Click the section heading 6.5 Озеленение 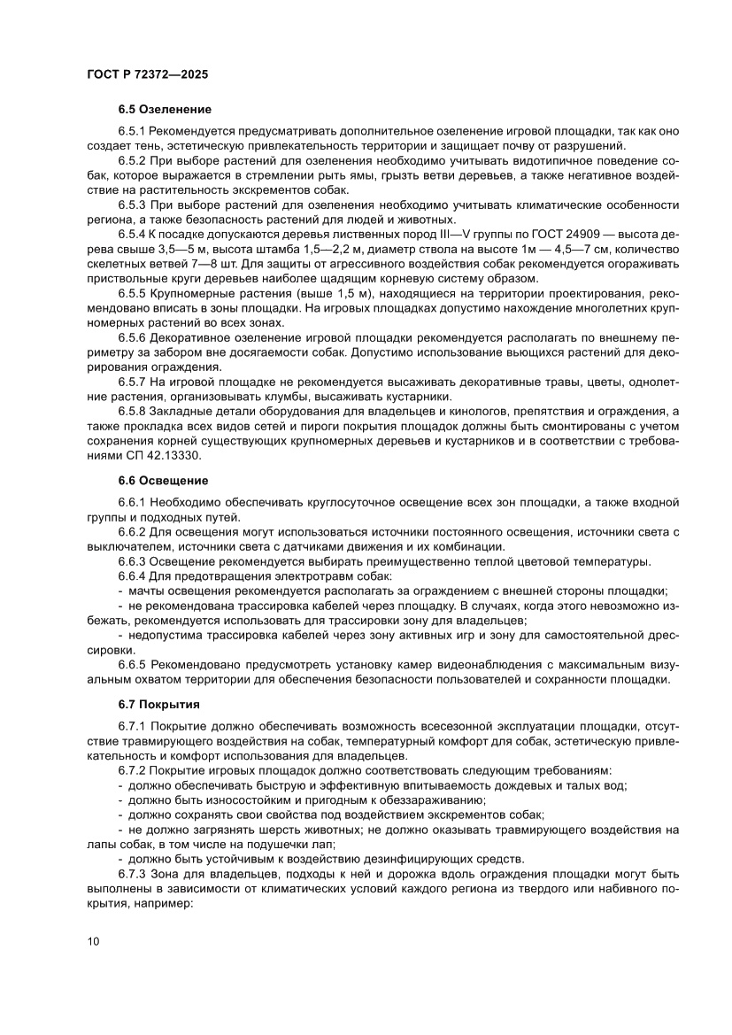165,110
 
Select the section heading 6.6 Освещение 163,481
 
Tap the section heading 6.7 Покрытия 158,705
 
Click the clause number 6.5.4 133,235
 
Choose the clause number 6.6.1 133,503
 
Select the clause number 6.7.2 133,771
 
